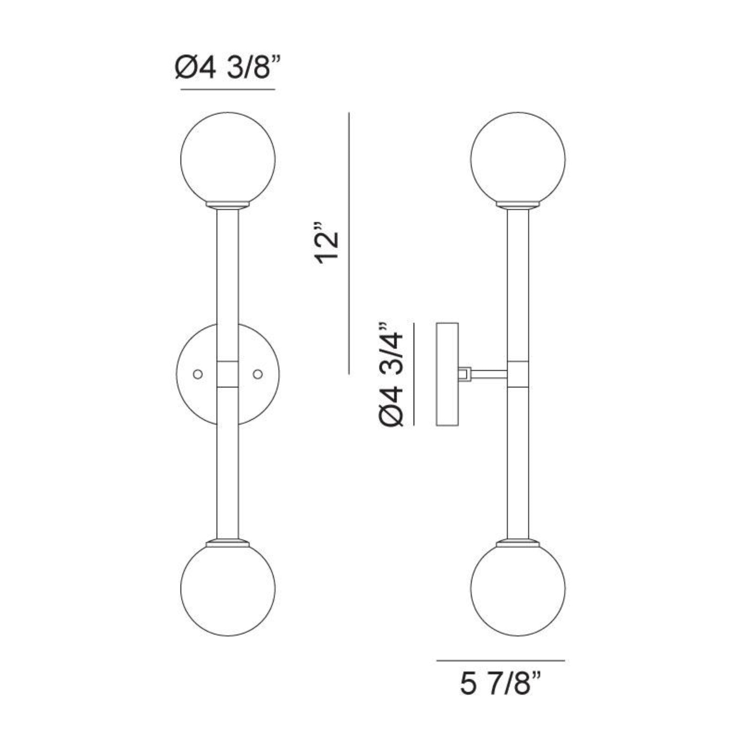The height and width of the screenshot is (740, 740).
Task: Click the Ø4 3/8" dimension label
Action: tap(228, 68)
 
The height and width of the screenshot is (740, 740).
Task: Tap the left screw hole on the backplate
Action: tap(198, 374)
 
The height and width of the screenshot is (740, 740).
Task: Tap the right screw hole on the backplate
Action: tap(258, 374)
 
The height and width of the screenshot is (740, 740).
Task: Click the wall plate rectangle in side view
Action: tap(447, 374)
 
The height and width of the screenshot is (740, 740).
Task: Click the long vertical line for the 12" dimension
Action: tap(349, 243)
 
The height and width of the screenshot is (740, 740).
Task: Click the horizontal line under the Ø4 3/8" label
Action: tap(228, 89)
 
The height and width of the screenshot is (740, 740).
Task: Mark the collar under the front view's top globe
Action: tap(228, 205)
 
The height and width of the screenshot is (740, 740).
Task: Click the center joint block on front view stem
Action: tap(228, 374)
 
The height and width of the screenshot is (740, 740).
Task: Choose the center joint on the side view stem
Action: tap(518, 374)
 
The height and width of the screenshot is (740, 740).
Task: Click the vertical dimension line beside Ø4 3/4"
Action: tap(414, 374)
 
